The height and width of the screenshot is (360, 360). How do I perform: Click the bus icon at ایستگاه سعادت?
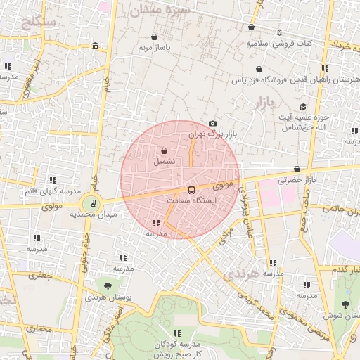click(192, 191)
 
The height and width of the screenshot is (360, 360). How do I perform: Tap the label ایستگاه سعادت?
click(192, 200)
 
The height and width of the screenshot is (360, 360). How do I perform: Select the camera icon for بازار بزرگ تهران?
click(213, 124)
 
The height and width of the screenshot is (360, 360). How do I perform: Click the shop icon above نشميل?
click(164, 150)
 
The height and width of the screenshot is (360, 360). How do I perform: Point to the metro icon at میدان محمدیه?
click(90, 205)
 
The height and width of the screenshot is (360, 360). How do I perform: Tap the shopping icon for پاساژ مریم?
click(154, 37)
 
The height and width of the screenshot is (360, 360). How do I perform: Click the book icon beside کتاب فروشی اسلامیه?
click(281, 32)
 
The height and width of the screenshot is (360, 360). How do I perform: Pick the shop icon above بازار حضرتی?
click(297, 169)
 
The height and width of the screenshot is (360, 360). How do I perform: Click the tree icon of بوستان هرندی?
click(107, 285)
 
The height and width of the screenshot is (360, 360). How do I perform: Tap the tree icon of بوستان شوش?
click(345, 304)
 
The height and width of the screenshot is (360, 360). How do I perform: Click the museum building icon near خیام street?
click(95, 46)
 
